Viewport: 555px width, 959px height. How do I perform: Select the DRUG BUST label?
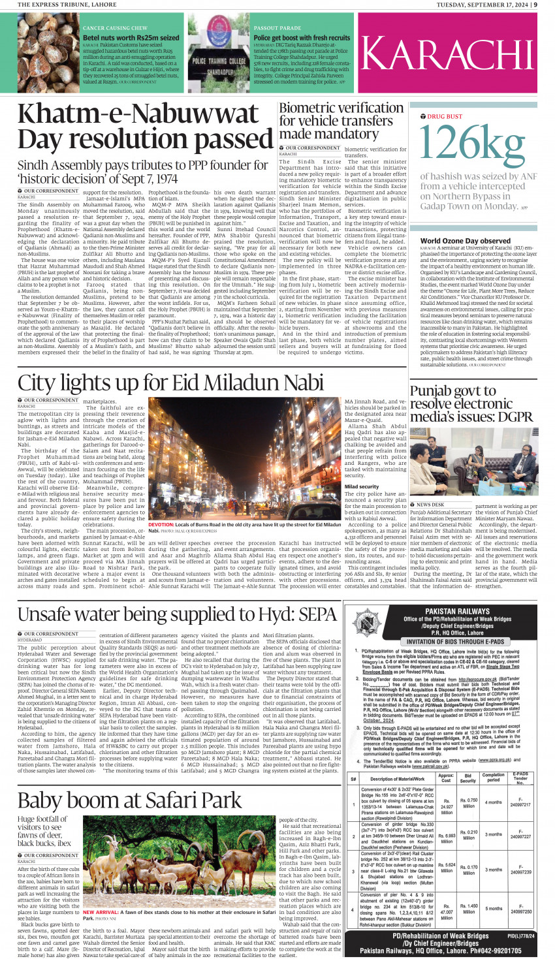445,116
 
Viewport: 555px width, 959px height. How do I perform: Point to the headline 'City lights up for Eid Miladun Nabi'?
171,383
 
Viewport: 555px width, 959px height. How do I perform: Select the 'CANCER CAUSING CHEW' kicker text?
115,28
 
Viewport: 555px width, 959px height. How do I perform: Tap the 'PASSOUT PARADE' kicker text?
277,28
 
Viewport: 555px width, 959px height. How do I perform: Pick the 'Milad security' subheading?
361,486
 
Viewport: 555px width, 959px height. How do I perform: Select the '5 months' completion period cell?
494,909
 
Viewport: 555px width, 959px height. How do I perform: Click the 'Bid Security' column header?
469,778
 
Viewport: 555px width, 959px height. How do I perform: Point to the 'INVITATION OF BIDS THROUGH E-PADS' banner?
447,641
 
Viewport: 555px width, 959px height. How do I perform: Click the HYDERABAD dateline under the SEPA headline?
30,640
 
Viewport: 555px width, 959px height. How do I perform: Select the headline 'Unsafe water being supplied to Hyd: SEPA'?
177,614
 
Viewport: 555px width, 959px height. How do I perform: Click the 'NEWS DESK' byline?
430,505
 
